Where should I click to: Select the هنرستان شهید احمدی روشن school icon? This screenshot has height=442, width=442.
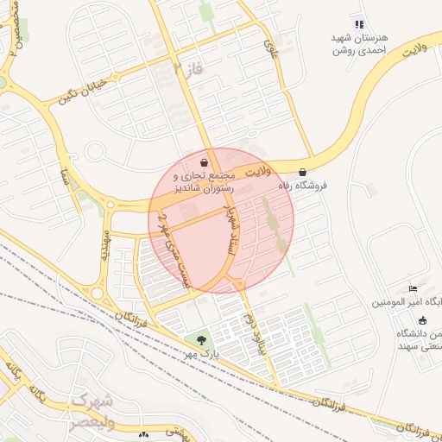click(360, 23)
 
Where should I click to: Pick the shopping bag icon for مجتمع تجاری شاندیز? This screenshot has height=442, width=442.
click(204, 161)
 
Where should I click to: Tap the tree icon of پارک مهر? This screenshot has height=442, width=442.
click(201, 341)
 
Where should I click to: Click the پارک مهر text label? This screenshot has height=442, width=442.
click(205, 354)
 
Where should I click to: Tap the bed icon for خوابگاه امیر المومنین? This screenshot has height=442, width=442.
click(413, 287)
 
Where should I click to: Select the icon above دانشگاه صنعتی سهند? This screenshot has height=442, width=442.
click(421, 320)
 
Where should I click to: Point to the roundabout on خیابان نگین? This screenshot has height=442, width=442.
click(111, 205)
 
